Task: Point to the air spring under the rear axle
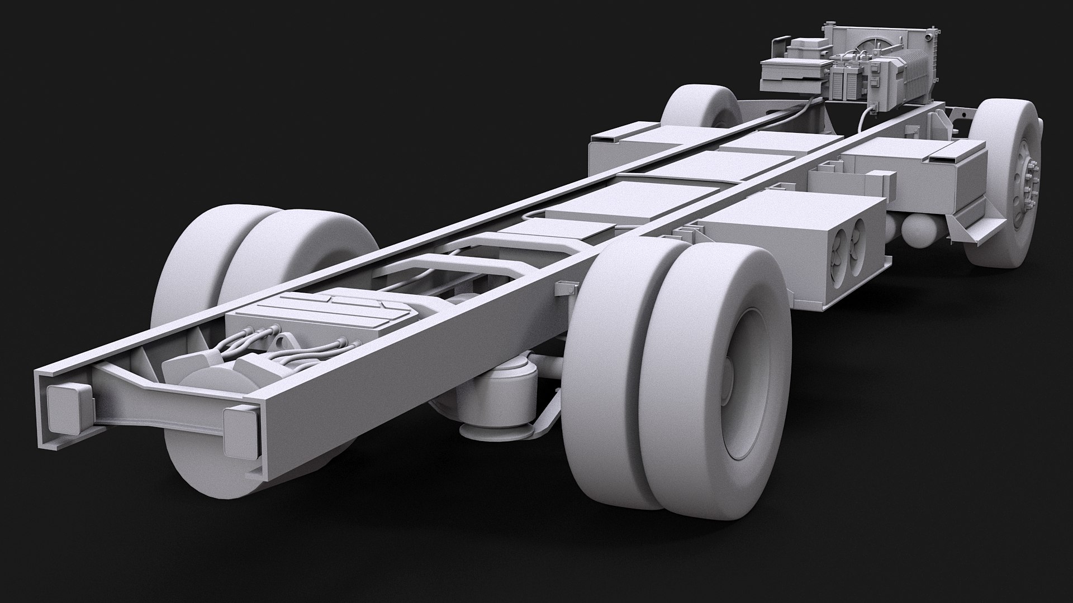(x=492, y=391)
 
